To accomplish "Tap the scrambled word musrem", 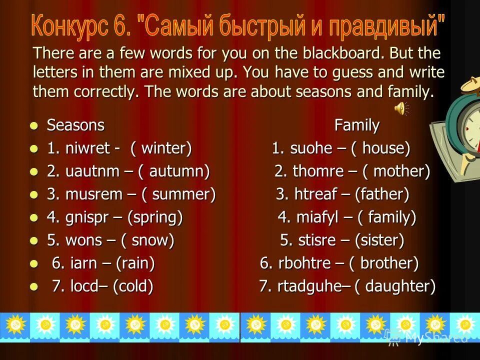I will (x=93, y=194).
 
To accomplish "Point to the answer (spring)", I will (x=155, y=217).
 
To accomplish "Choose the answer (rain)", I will (x=135, y=263).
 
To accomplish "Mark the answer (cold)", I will (x=133, y=286).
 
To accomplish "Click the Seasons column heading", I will (x=75, y=125).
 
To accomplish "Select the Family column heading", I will (x=356, y=125).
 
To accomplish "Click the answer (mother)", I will (x=396, y=171).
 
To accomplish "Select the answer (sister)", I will (x=379, y=240).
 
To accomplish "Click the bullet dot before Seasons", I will (x=33, y=125).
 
